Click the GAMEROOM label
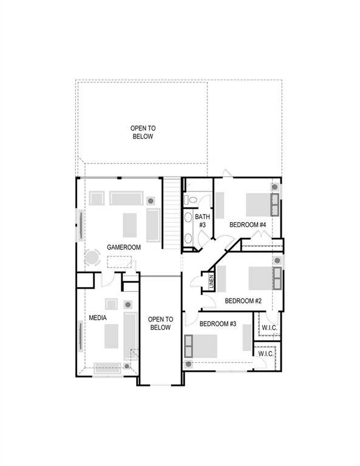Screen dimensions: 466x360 click(124, 248)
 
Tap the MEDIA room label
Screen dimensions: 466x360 click(98, 317)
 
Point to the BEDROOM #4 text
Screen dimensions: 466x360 click(248, 225)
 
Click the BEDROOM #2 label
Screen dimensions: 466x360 click(243, 300)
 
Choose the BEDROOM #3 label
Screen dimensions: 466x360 click(217, 323)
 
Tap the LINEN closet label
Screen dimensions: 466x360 click(211, 282)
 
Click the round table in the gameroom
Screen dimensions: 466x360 click(92, 258)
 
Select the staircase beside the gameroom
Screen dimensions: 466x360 click(172, 212)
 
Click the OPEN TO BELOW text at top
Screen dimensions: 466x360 click(143, 132)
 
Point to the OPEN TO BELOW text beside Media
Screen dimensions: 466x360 click(160, 323)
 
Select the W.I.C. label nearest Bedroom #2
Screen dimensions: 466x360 click(269, 328)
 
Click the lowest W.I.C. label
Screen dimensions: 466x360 click(265, 353)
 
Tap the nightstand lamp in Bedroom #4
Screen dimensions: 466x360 click(276, 188)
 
